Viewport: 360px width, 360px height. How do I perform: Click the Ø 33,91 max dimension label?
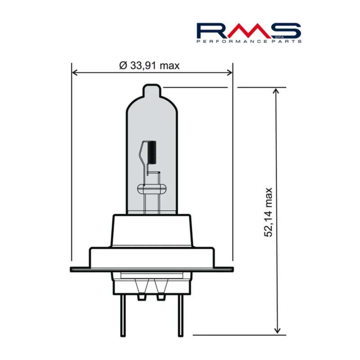coord(149,66)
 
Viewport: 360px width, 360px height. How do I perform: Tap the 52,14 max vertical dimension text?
coord(268,212)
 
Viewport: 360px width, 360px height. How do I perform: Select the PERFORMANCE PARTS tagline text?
coord(249,41)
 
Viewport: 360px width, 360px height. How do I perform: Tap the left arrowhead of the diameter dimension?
coord(75,73)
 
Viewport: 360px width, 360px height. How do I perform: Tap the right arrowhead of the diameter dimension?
coord(229,73)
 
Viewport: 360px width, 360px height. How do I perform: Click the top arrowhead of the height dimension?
coord(276,91)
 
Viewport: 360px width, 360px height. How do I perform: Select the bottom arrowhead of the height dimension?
coord(277,330)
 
